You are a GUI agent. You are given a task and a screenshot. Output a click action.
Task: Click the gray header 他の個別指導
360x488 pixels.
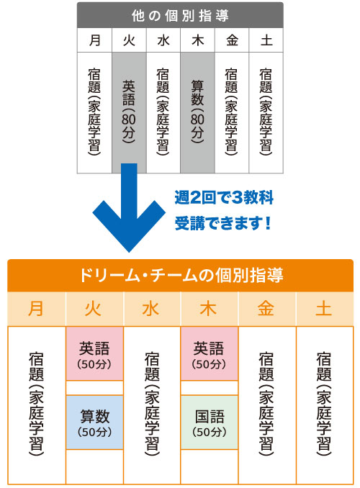(180, 15)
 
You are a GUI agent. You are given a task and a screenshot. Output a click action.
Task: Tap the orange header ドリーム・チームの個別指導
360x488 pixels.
(180, 275)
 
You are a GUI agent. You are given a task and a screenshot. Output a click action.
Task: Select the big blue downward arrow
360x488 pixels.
(129, 207)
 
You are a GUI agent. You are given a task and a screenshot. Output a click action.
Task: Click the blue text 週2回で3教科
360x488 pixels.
(224, 197)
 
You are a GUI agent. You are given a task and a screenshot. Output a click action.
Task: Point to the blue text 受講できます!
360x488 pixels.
(222, 223)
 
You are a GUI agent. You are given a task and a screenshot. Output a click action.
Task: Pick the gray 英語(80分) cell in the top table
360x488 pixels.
(129, 113)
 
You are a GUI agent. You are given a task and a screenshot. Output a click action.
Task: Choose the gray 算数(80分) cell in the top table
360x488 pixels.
(197, 113)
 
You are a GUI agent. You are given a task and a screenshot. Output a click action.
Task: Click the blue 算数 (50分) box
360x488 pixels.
(94, 423)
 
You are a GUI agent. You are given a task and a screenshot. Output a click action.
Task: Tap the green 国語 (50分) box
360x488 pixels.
(210, 423)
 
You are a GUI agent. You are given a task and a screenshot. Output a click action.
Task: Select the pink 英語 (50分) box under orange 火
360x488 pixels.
(94, 353)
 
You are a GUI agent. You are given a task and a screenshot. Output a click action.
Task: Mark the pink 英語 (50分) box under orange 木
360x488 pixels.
(210, 353)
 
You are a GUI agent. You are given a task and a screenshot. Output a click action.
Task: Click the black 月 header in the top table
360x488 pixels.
(94, 40)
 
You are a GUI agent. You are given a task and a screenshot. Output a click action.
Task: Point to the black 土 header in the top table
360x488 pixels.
(266, 40)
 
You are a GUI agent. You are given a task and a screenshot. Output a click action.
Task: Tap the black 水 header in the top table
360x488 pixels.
(163, 40)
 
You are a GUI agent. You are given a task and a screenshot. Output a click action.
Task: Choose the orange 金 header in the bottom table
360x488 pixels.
(266, 309)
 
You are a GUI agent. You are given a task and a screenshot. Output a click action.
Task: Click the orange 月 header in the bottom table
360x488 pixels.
(36, 309)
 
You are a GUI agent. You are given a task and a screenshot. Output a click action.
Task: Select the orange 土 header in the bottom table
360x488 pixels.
(324, 309)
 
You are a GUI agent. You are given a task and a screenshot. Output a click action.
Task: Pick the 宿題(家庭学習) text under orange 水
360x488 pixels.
(152, 404)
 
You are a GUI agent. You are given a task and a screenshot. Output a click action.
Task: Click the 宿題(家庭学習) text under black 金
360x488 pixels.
(231, 112)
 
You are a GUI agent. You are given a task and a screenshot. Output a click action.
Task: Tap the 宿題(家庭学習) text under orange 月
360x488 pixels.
(36, 404)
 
